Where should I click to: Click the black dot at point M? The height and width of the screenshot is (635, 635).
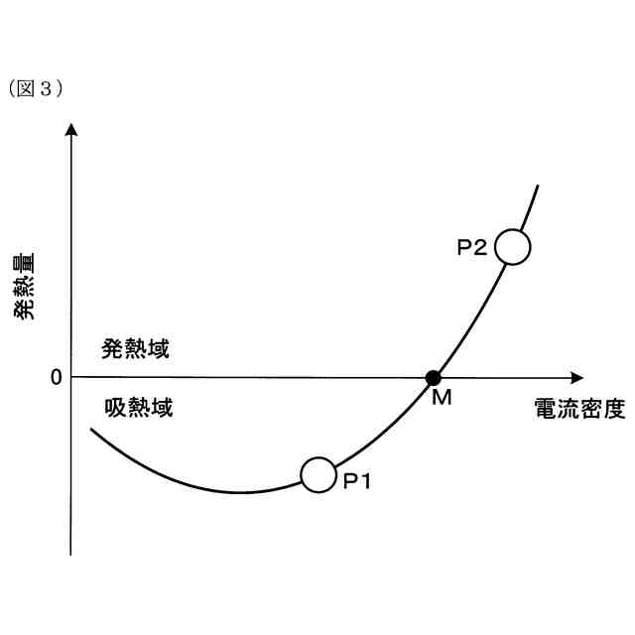433,377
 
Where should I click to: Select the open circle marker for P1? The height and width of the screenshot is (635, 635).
318,474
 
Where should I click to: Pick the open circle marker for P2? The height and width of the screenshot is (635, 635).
513,245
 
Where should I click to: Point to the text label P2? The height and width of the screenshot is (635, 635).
471,248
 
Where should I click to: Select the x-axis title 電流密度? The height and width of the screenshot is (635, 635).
579,410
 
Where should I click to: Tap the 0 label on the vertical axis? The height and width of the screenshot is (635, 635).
56,377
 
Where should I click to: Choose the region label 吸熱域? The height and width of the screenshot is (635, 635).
138,407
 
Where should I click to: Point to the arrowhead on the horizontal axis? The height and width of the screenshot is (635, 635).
576,377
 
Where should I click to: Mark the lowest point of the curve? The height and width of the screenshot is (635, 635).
241,492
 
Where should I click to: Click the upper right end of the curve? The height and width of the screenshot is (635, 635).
538,186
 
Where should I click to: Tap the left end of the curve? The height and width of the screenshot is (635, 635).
91,430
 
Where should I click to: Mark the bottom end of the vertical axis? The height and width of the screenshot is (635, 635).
71,554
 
